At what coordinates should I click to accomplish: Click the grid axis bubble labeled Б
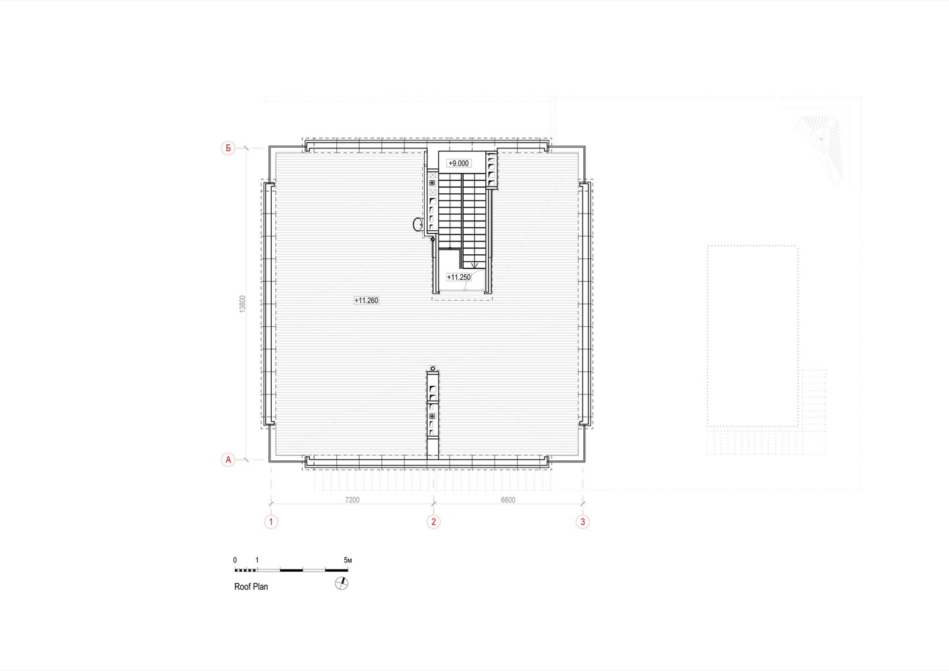click(228, 148)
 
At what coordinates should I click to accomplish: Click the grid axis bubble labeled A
click(228, 460)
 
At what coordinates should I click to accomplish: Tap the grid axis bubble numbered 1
click(271, 521)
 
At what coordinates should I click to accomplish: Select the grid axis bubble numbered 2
click(434, 521)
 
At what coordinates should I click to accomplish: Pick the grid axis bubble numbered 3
click(583, 521)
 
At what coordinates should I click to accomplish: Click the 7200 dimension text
click(352, 500)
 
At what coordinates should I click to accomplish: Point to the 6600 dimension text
click(508, 500)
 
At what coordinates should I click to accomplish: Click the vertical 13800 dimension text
click(242, 304)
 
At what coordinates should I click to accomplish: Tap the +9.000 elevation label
click(459, 163)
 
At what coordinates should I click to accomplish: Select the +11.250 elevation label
click(459, 277)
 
